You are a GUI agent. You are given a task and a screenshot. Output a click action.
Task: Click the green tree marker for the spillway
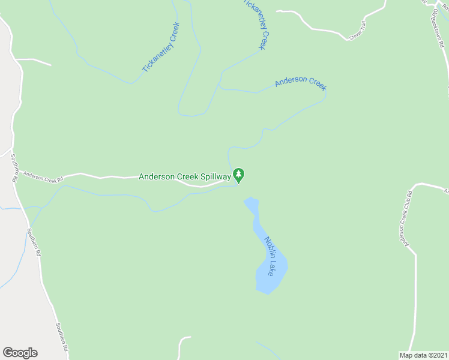click(239, 176)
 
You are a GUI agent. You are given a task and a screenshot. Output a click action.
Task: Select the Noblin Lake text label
click(271, 256)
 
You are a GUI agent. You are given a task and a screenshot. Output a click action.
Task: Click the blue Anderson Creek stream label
click(301, 82)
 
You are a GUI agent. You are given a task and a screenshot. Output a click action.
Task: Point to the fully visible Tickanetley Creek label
click(161, 48)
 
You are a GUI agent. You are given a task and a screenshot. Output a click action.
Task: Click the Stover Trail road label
click(357, 31)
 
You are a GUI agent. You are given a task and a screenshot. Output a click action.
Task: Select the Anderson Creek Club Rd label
click(404, 219)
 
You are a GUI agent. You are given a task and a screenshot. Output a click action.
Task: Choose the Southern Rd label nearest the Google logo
click(62, 338)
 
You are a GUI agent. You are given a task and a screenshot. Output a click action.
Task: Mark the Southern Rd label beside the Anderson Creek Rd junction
click(14, 169)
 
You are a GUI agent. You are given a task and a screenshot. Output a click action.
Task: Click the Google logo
click(20, 353)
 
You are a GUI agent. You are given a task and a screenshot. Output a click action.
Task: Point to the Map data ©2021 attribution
click(423, 355)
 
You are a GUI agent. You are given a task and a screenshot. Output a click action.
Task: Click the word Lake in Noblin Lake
click(274, 268)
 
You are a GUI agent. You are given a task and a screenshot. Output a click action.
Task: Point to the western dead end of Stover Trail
click(277, 11)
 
